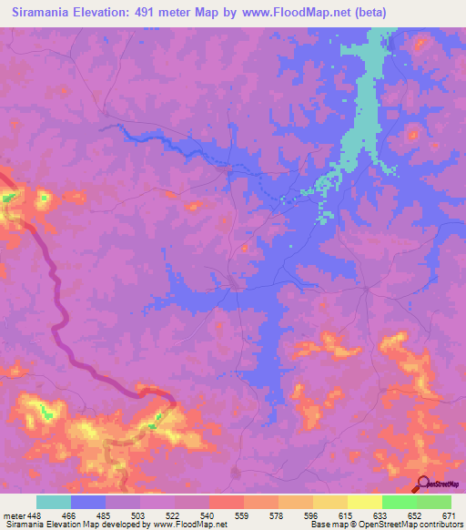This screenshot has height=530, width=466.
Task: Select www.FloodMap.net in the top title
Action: pyautogui.click(x=289, y=13)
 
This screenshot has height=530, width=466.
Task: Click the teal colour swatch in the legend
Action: pyautogui.click(x=54, y=502)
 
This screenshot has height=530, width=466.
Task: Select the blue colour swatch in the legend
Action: pyautogui.click(x=88, y=502)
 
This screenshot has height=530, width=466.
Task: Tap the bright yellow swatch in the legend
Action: pyautogui.click(x=365, y=502)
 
